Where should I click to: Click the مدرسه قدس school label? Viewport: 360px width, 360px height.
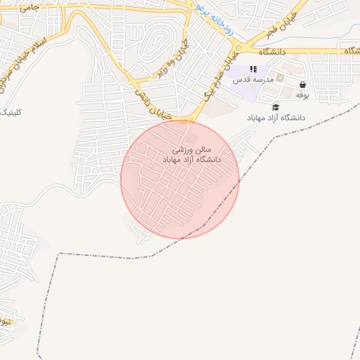254,79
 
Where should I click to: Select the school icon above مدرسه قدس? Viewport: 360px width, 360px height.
254,69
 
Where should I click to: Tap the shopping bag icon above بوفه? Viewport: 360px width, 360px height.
302,84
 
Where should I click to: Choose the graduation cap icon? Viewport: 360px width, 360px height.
276,107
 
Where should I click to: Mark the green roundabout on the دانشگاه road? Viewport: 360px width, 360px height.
238,47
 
